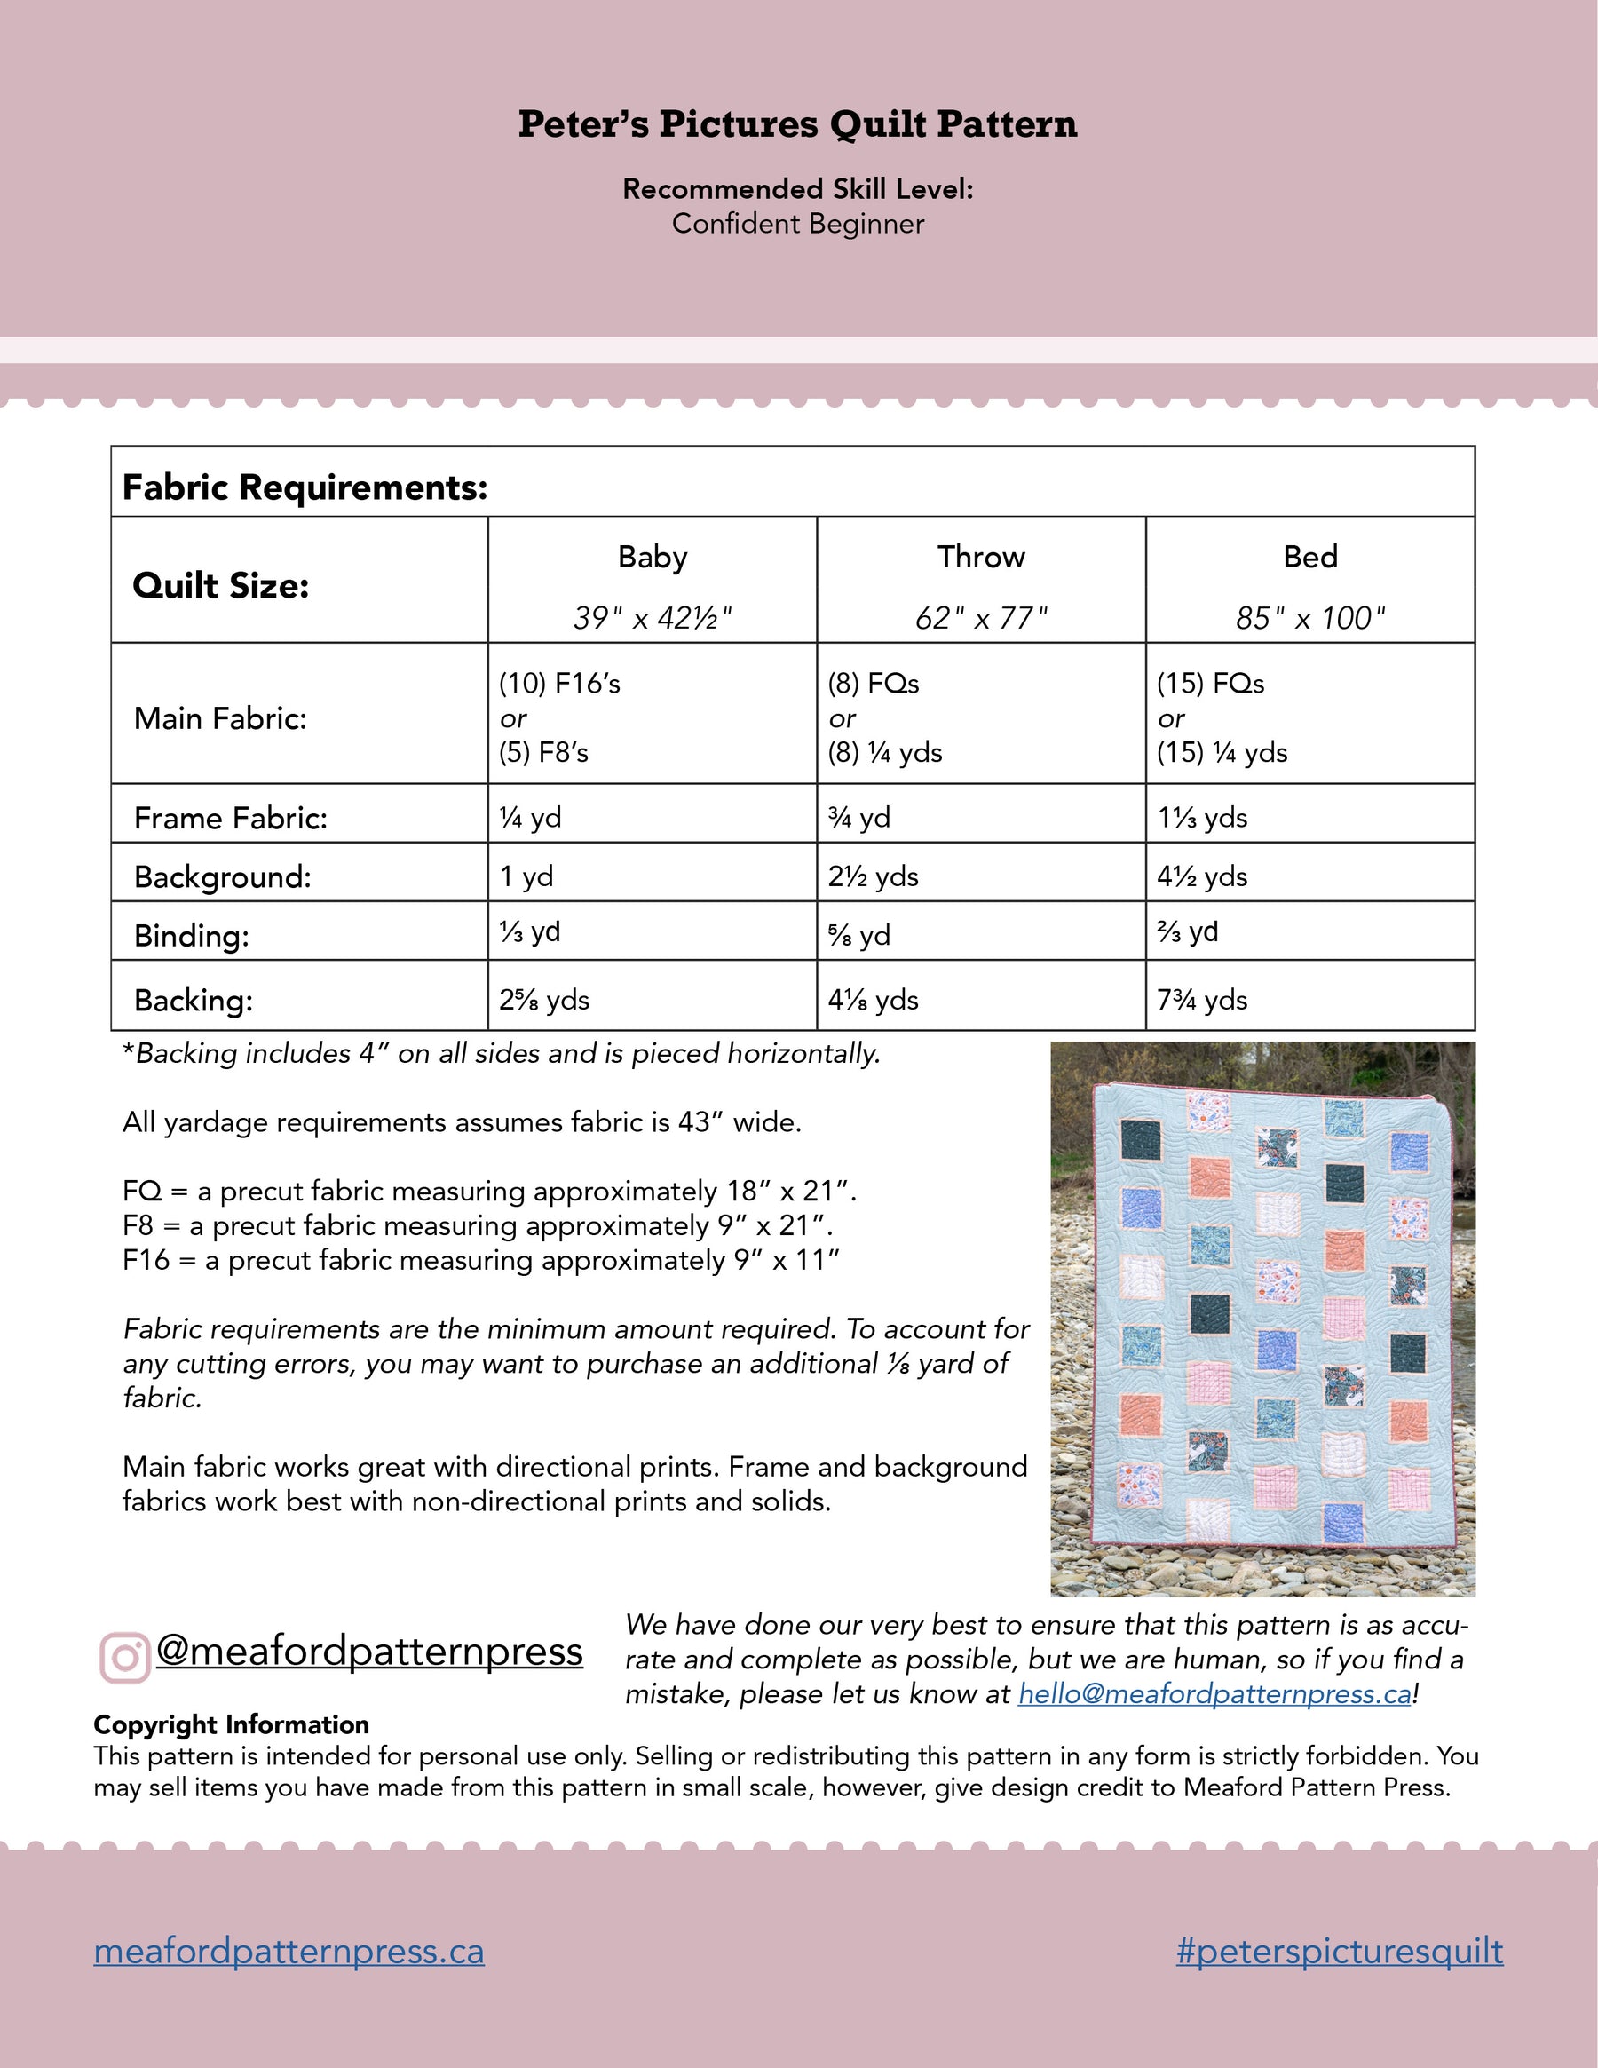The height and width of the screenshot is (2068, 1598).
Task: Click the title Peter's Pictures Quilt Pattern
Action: click(797, 124)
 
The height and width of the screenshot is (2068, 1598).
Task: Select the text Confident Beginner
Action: click(797, 225)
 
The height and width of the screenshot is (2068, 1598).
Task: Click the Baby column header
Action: click(653, 557)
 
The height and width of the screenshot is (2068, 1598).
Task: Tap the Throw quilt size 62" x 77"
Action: click(981, 618)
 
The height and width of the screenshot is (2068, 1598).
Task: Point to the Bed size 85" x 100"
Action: click(1310, 618)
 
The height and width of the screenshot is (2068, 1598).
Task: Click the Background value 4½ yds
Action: click(1202, 876)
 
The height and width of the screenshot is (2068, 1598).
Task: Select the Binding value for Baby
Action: click(530, 931)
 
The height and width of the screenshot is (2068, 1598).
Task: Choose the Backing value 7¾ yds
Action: click(1202, 1000)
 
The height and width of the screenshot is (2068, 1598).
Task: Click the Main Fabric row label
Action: click(220, 718)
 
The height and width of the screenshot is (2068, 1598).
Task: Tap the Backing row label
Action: click(194, 1000)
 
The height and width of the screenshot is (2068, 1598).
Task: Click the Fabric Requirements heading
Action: click(305, 487)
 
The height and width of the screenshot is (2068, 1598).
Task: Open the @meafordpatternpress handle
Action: click(369, 1652)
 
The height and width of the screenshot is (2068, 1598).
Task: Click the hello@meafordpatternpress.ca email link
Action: click(1214, 1694)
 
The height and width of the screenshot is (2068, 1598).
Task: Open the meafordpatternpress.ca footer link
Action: click(289, 1951)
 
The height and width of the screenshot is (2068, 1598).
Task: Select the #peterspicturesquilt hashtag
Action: click(1340, 1951)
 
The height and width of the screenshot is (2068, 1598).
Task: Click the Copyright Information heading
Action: click(231, 1724)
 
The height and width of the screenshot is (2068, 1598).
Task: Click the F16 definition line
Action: click(481, 1260)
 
